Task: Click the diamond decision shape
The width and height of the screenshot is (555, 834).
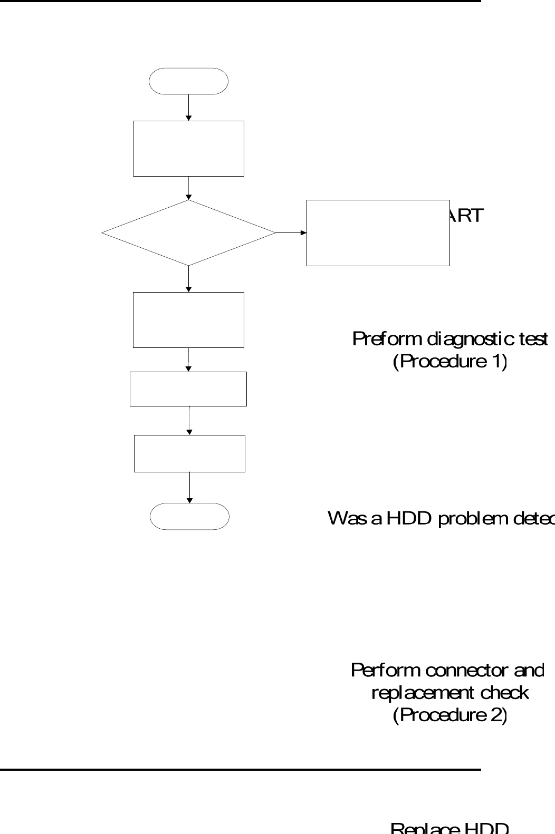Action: [188, 232]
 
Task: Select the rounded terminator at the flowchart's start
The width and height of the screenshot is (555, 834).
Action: [189, 81]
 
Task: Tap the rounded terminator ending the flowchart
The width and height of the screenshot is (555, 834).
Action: [189, 516]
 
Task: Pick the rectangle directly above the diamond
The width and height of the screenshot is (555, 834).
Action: [188, 148]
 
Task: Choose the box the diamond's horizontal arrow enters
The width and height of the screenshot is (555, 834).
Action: [378, 232]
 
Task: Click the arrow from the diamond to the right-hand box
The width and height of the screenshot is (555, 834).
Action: [291, 232]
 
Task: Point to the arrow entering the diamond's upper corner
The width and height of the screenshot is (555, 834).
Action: [188, 188]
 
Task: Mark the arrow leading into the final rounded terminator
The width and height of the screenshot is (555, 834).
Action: [189, 488]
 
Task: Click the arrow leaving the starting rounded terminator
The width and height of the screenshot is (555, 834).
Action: [188, 108]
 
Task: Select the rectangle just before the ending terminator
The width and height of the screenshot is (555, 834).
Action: [189, 453]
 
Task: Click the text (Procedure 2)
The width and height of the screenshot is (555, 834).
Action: [450, 715]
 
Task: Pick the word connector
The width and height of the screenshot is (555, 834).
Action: [464, 671]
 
